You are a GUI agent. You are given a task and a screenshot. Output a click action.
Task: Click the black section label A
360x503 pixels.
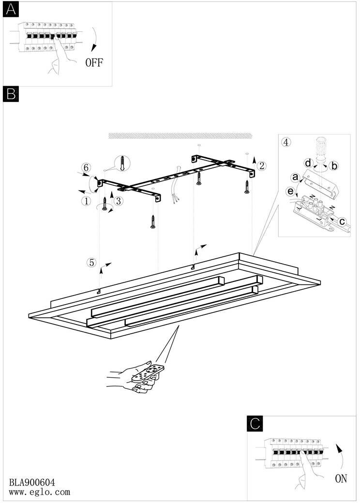tap(11, 10)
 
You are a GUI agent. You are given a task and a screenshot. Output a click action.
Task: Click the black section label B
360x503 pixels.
tap(11, 94)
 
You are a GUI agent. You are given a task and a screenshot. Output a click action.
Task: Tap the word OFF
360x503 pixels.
tap(94, 62)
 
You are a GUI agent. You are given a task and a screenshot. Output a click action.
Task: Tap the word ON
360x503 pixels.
tap(341, 479)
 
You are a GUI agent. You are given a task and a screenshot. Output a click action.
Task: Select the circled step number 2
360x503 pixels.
tap(262, 166)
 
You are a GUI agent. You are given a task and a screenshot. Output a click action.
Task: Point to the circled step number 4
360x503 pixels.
tap(286, 142)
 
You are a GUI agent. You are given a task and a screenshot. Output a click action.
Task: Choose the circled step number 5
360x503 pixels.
tap(91, 263)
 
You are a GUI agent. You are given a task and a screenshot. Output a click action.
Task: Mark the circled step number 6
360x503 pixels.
tap(86, 167)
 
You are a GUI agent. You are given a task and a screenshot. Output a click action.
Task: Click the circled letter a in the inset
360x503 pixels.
tap(295, 177)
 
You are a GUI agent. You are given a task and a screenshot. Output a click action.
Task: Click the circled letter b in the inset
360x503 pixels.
tap(334, 166)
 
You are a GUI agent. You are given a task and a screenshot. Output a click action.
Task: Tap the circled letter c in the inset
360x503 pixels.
tap(342, 222)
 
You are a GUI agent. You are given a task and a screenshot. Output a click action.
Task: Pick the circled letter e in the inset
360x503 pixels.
tap(290, 192)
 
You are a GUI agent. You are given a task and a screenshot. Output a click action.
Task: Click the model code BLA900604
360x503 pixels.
tap(32, 482)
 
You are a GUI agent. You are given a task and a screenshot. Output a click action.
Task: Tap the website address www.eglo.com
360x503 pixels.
tap(40, 492)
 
